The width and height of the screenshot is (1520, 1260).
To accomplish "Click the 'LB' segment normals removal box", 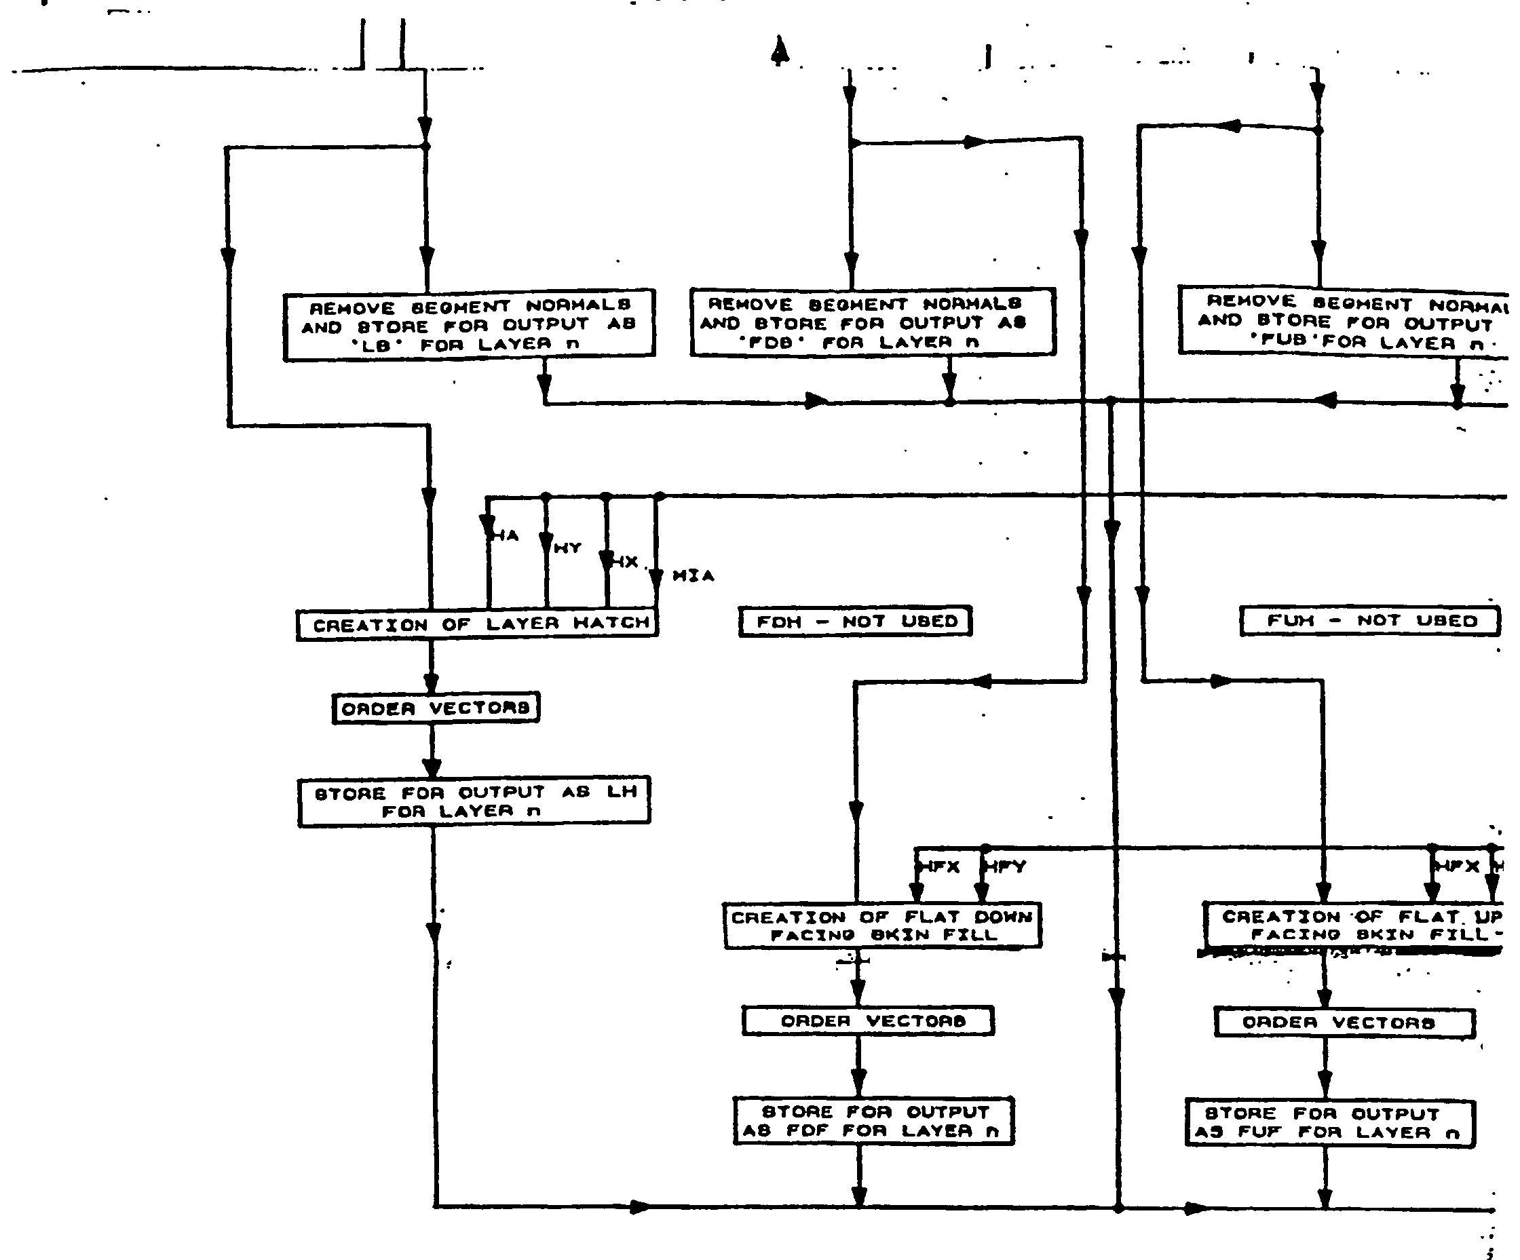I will pyautogui.click(x=469, y=324).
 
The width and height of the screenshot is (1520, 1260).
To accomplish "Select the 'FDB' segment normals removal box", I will pyautogui.click(x=872, y=322).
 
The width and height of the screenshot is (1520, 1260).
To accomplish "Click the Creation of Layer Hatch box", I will pyautogui.click(x=477, y=624).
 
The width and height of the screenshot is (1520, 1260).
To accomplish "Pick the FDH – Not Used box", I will pyautogui.click(x=855, y=621).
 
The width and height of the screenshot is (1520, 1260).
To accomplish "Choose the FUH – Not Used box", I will pyautogui.click(x=1370, y=621).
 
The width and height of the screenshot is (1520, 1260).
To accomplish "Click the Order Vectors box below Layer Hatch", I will pyautogui.click(x=436, y=708).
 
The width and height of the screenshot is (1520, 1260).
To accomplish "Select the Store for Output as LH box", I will pyautogui.click(x=474, y=801).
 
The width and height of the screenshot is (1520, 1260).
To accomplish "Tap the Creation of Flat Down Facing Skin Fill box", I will pyautogui.click(x=881, y=925).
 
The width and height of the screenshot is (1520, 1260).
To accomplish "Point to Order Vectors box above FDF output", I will pyautogui.click(x=868, y=1020).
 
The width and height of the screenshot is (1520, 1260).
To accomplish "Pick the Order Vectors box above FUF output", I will pyautogui.click(x=1344, y=1023).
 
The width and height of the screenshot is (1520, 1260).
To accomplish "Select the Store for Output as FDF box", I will pyautogui.click(x=873, y=1121).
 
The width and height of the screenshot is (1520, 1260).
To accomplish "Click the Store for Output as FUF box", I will pyautogui.click(x=1329, y=1123).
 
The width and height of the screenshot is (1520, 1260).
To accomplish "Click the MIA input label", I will pyautogui.click(x=693, y=576).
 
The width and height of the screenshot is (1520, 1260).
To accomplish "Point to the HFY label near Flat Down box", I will pyautogui.click(x=1007, y=866).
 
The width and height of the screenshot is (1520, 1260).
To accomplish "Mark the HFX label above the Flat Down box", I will pyautogui.click(x=940, y=866).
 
